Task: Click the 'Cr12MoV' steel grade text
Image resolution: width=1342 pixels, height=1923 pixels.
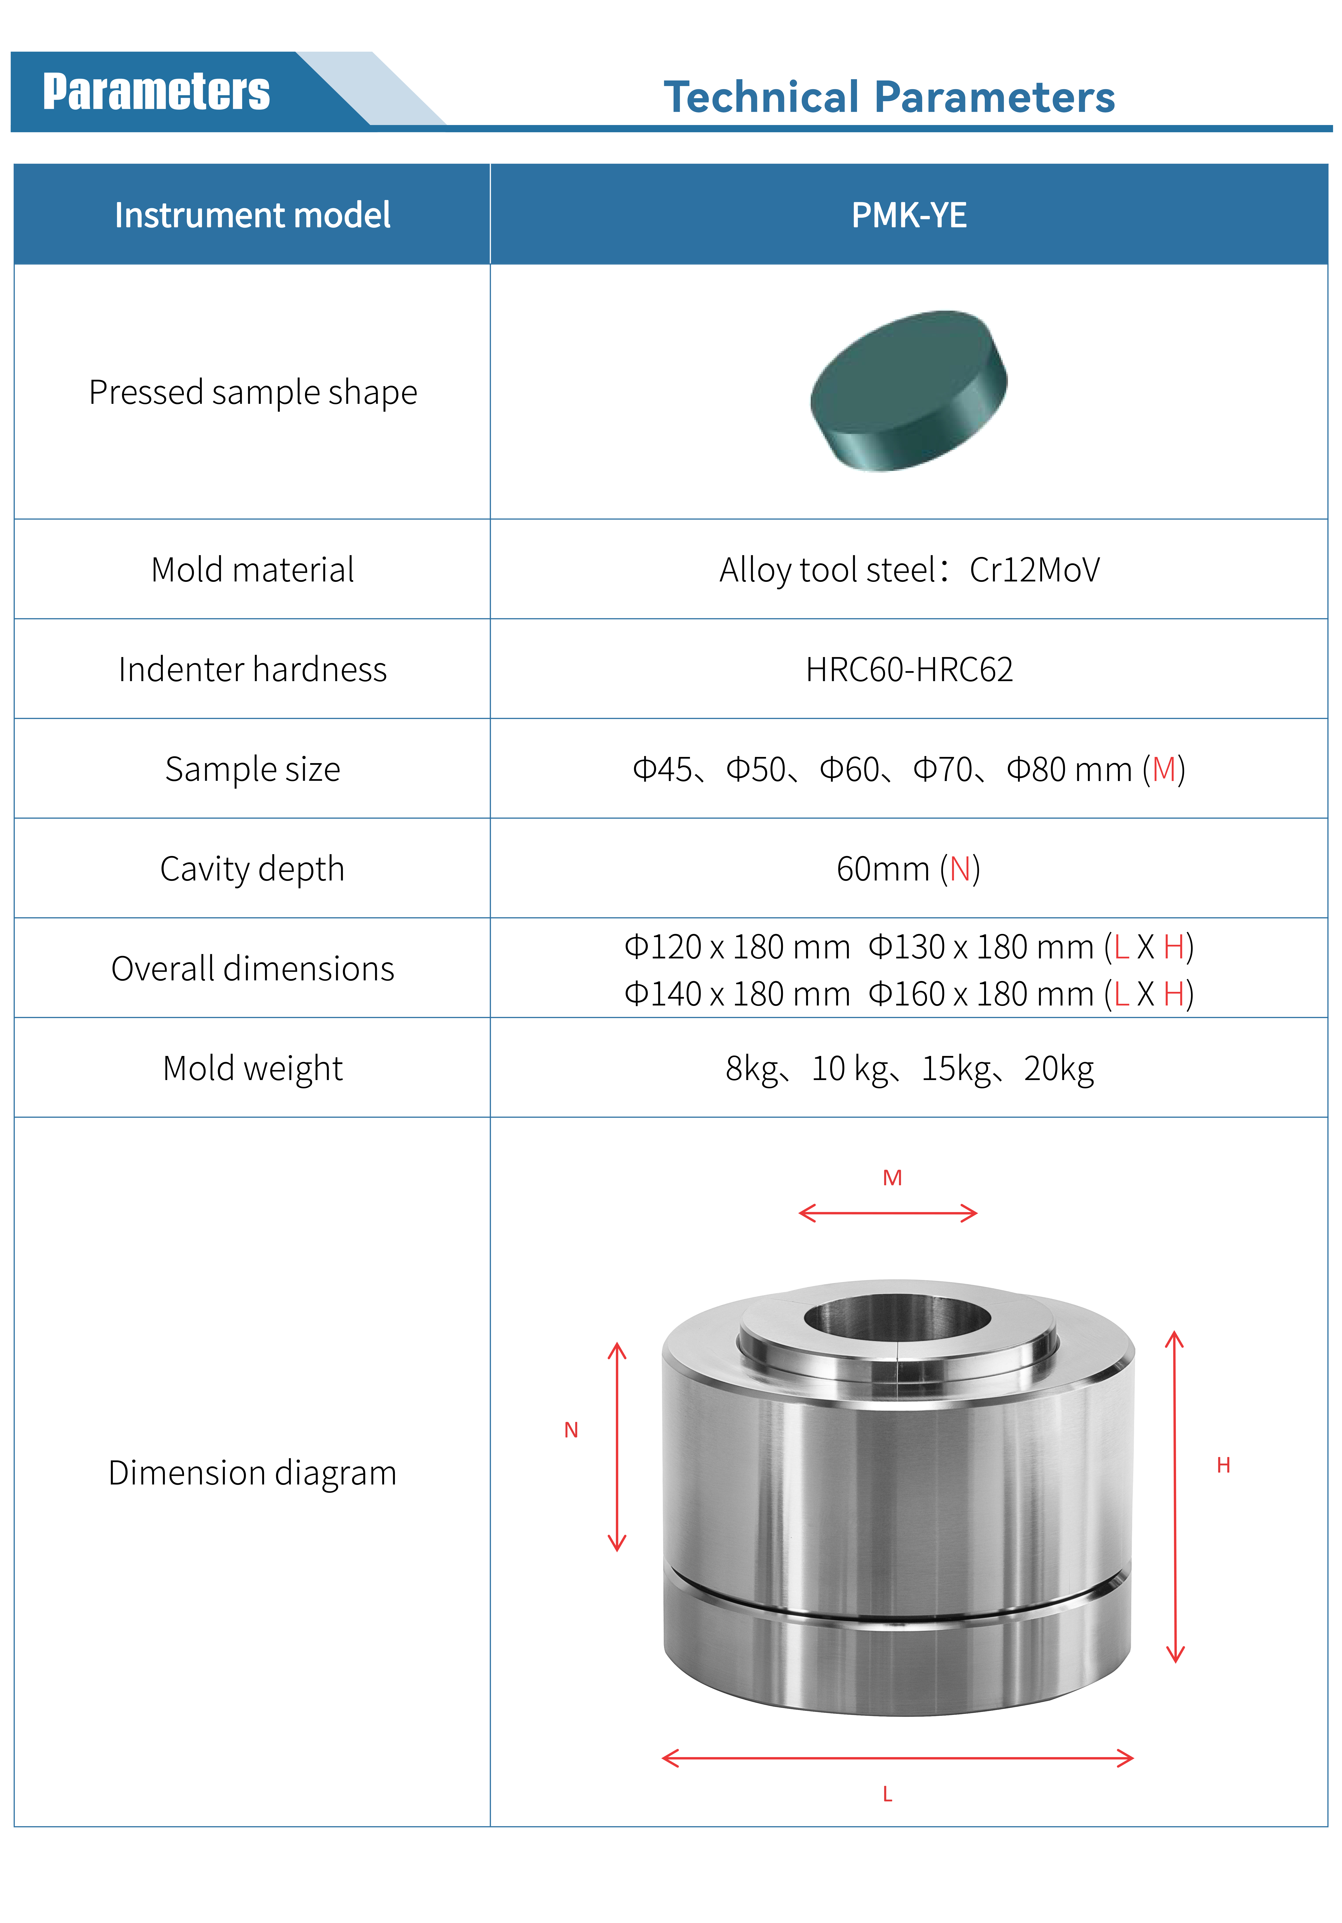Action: (1035, 570)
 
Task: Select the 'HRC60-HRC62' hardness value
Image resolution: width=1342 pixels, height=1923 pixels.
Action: (909, 669)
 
